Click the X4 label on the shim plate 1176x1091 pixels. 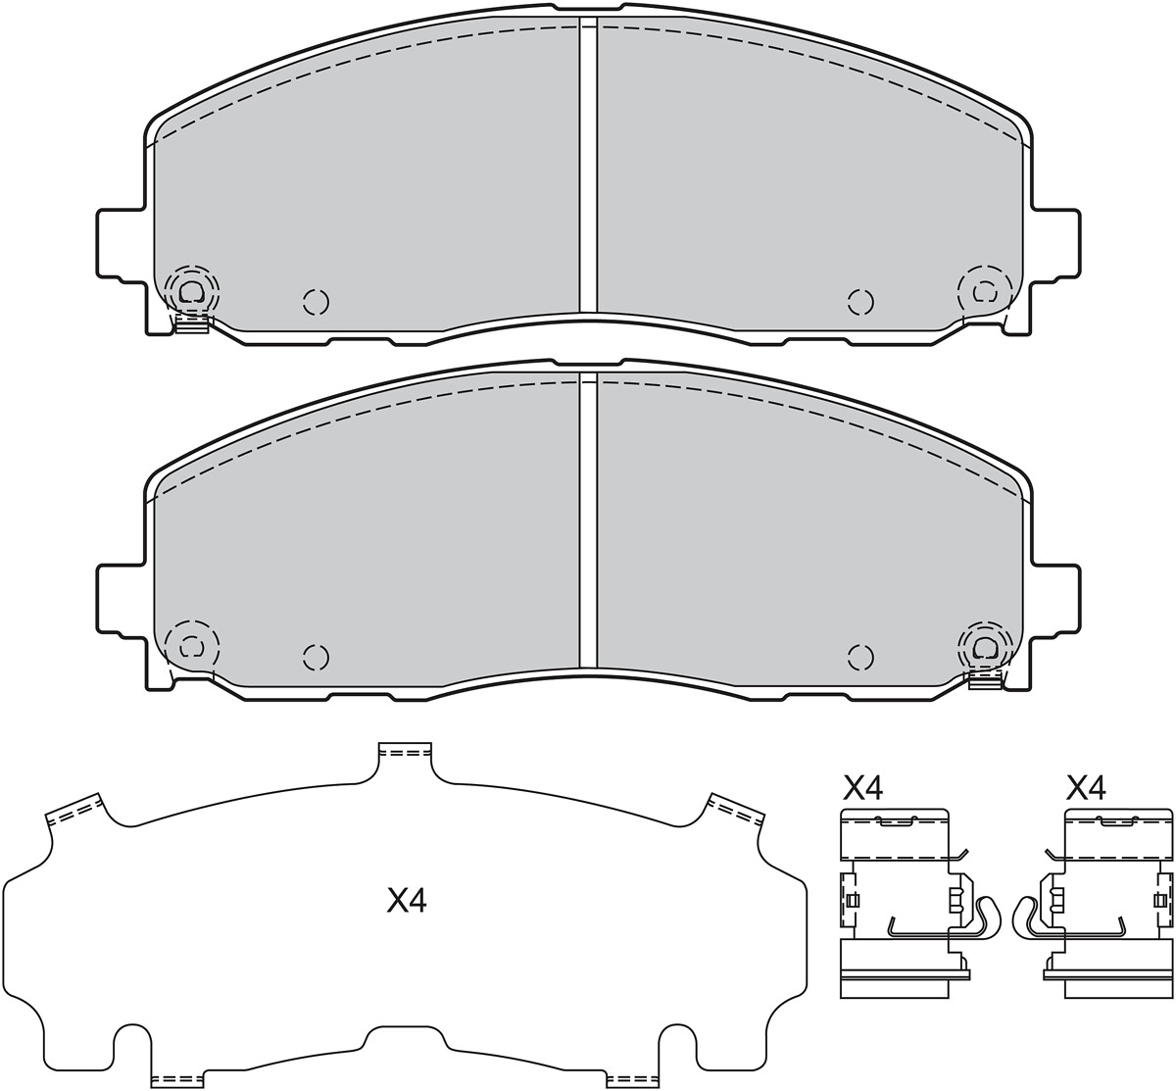407,902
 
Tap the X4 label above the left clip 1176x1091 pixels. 862,788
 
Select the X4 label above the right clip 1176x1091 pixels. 1086,788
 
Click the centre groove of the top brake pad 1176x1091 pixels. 588,165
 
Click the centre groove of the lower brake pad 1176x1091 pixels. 588,521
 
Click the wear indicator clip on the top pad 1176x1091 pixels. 192,323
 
